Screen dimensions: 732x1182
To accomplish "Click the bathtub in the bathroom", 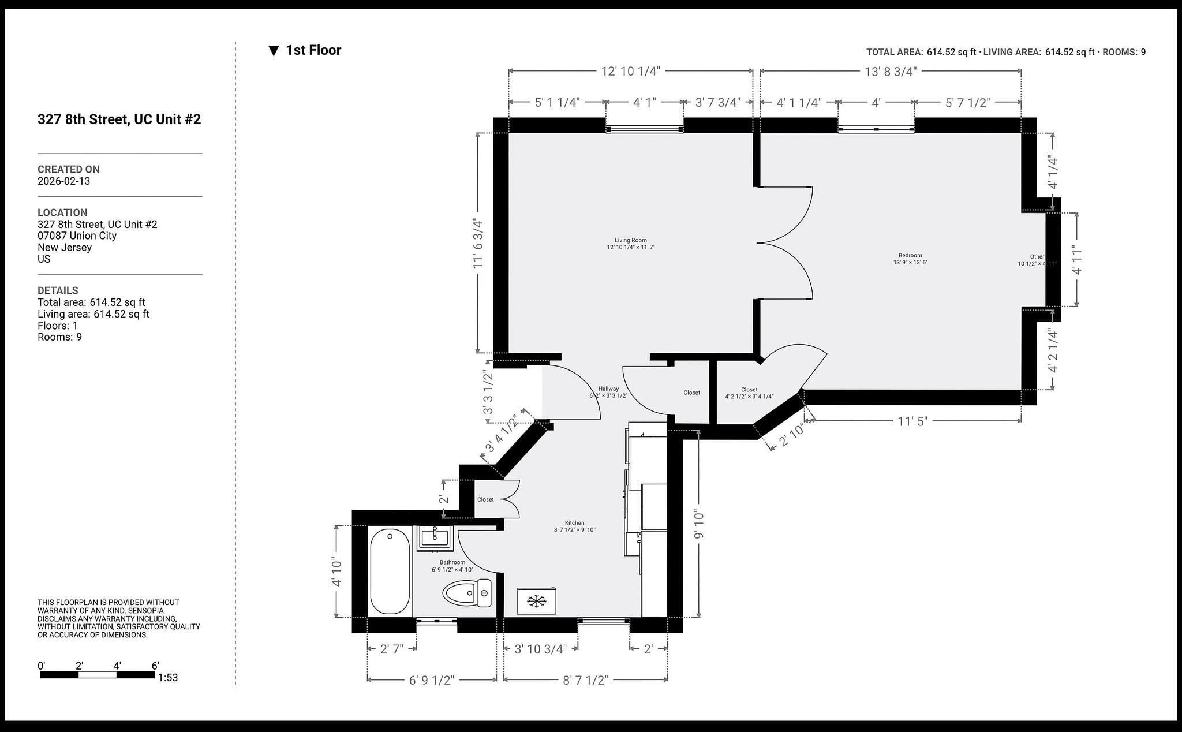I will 390,572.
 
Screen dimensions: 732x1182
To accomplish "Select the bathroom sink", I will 434,538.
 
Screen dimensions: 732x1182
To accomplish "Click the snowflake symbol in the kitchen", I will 537,602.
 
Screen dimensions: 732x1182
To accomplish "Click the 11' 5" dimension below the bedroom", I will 912,421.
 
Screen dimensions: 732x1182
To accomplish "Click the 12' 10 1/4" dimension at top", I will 630,71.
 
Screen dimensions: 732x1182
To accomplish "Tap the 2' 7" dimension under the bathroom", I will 392,649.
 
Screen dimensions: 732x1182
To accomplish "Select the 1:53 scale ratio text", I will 168,678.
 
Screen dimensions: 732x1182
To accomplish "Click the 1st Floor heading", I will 313,50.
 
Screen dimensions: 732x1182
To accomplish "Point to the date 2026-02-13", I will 63,181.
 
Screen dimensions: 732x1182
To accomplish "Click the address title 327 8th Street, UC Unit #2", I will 119,119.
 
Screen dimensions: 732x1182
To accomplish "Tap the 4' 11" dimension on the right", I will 1077,262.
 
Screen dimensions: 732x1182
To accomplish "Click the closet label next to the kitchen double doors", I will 485,499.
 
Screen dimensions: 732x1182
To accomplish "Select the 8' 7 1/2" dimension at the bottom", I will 585,680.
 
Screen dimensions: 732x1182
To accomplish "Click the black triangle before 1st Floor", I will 274,51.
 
